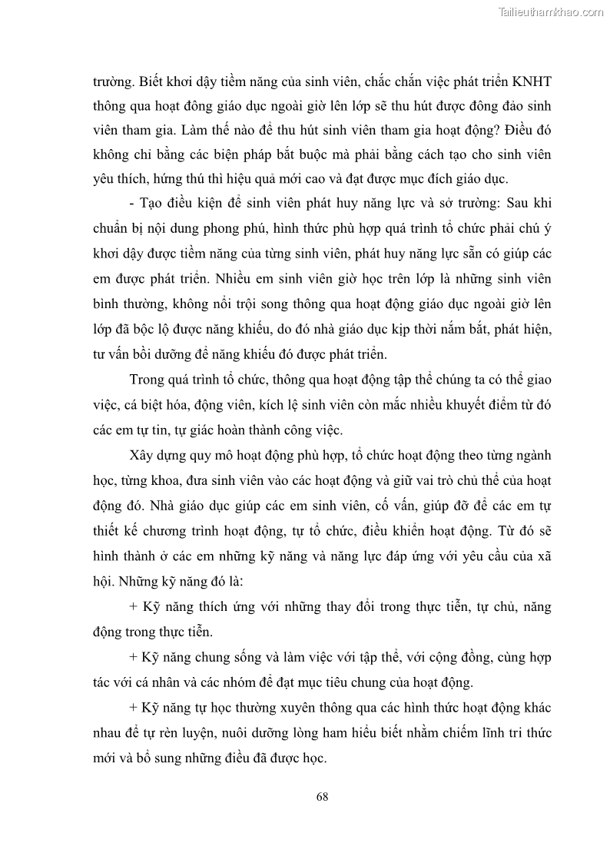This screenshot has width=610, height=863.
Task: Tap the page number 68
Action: pyautogui.click(x=322, y=795)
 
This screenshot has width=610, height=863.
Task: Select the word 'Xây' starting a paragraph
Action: pyautogui.click(x=144, y=456)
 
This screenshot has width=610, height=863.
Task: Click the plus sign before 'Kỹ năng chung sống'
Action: pyautogui.click(x=134, y=658)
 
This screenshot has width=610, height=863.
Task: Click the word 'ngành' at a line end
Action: pyautogui.click(x=532, y=456)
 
